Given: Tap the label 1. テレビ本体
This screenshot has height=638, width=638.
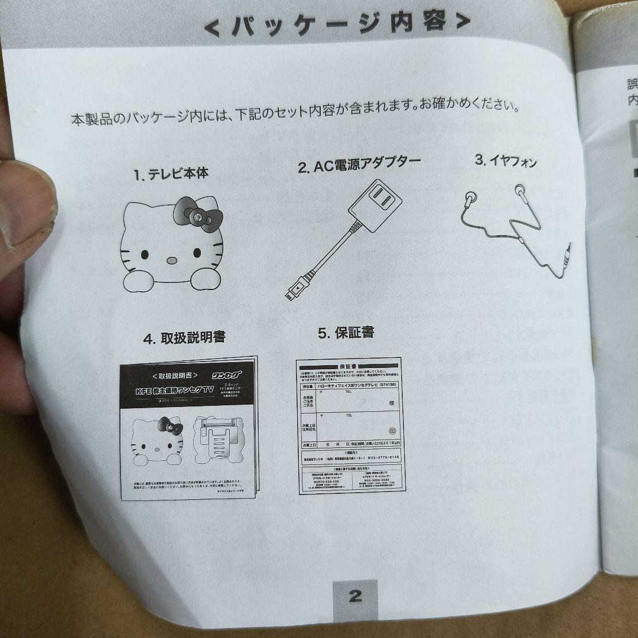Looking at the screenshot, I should tap(170, 174).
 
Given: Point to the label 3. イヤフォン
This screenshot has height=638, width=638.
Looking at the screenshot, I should tap(506, 160).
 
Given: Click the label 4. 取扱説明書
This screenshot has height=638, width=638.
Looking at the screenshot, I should tap(184, 337).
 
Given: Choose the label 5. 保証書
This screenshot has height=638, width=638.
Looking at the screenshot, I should tap(346, 333).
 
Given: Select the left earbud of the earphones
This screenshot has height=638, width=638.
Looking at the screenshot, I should tap(470, 200).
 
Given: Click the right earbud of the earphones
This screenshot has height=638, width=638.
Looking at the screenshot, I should tap(520, 190).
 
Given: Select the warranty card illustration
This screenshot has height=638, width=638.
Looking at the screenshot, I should tap(350, 425).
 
